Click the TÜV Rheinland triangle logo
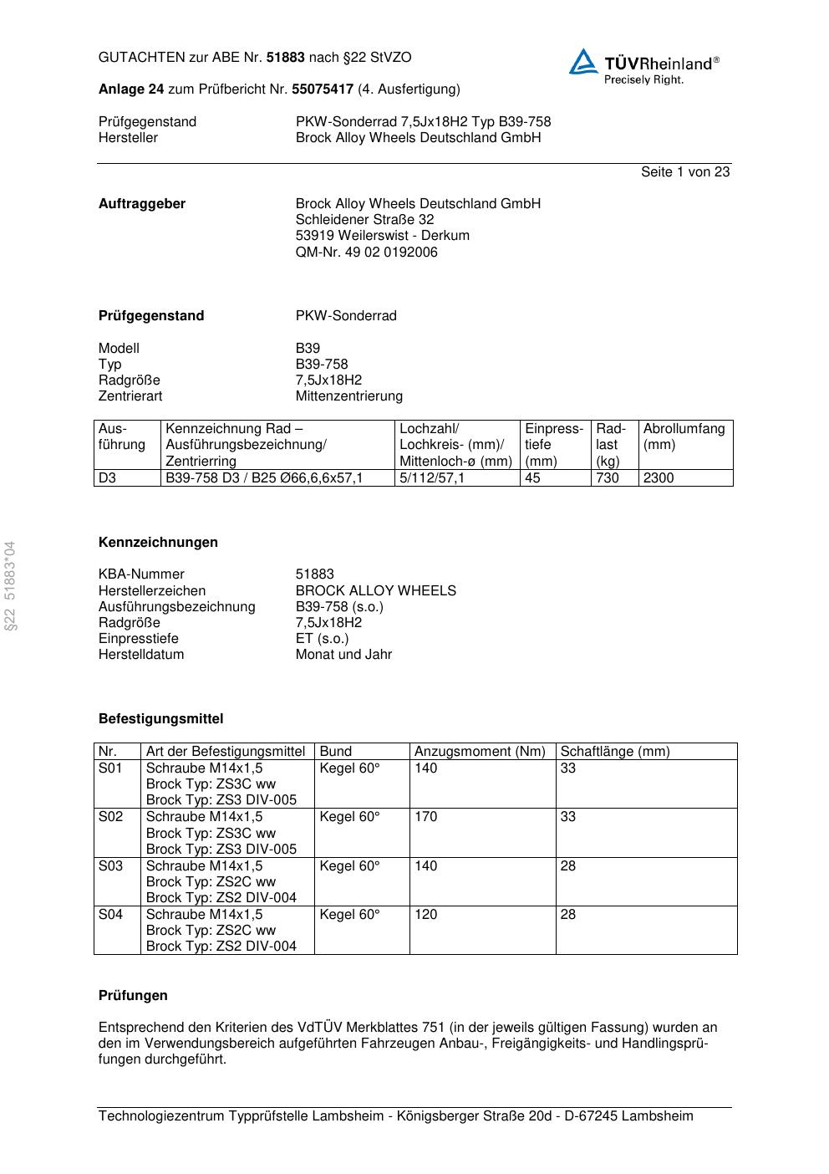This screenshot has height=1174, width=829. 583,62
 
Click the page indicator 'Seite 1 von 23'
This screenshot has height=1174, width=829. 684,172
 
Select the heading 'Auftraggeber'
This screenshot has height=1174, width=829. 142,204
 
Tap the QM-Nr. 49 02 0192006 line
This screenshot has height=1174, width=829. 366,253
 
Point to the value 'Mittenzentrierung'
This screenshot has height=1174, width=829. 348,396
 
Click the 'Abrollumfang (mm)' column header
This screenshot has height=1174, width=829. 684,436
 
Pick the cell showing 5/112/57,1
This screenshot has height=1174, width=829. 432,478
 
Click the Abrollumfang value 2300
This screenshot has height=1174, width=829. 658,478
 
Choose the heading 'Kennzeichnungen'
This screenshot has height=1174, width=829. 158,543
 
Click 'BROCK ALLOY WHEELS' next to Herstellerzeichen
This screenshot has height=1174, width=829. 375,591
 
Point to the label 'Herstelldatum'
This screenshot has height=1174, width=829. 141,655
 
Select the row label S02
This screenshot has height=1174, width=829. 110,817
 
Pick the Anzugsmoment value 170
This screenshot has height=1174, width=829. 425,817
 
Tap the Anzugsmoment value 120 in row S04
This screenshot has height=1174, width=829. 425,915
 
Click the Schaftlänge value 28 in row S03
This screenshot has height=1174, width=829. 568,866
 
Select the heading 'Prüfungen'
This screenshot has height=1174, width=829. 133,996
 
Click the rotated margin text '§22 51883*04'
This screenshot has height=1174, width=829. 10,586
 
